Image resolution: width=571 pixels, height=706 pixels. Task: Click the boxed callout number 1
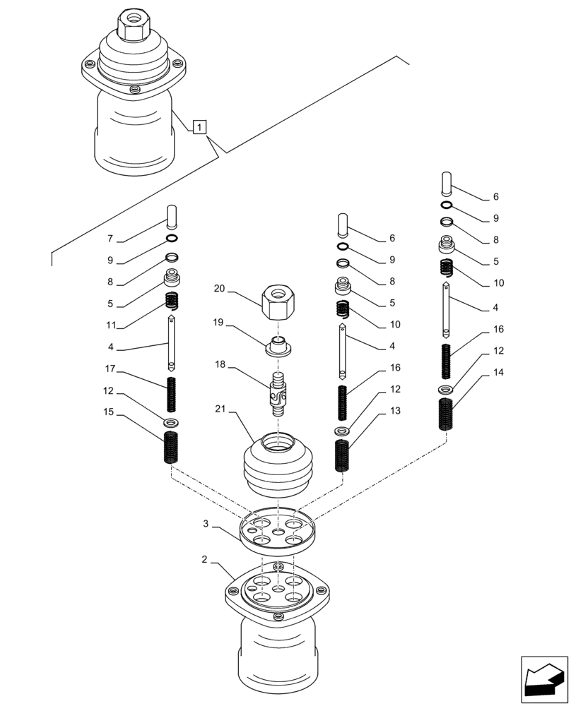click(x=200, y=127)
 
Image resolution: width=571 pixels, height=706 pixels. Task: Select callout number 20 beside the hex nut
click(x=219, y=288)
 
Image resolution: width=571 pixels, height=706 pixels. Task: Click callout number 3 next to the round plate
click(x=206, y=524)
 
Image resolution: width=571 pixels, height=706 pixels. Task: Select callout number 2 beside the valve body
click(x=204, y=559)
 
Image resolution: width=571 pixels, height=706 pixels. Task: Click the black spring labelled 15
click(x=171, y=448)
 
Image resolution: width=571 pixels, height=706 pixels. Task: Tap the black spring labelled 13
click(x=341, y=455)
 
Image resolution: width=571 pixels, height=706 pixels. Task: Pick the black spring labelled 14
click(x=446, y=414)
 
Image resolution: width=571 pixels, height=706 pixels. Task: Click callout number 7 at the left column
click(x=110, y=239)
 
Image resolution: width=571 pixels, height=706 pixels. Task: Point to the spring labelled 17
click(x=171, y=395)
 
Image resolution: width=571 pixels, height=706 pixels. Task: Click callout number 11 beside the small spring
click(x=110, y=327)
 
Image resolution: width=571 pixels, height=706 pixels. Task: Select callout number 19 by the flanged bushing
click(x=219, y=322)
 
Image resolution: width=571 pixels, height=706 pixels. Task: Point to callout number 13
click(x=394, y=410)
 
